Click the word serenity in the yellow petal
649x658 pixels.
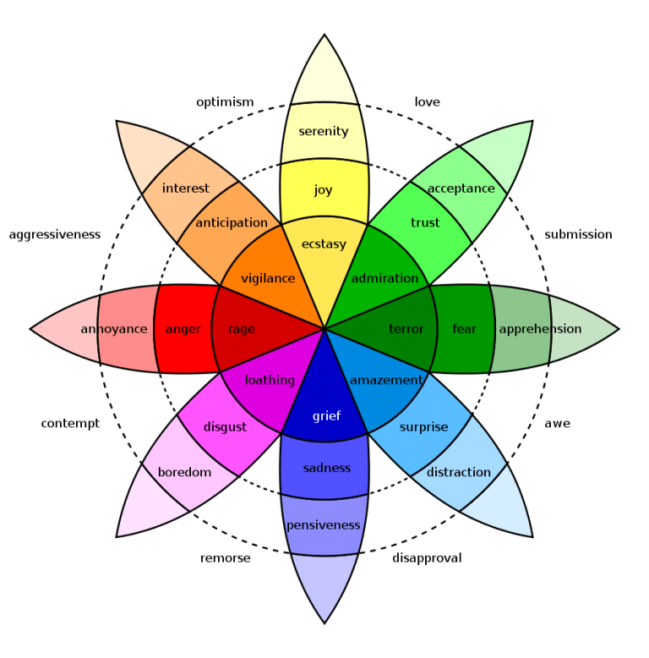(324, 131)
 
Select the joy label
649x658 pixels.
(324, 190)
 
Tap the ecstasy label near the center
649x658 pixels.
(324, 244)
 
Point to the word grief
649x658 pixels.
(326, 416)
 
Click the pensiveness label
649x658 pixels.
(324, 525)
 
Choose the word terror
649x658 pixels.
(406, 329)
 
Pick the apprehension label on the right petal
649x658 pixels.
(540, 329)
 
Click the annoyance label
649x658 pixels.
(114, 329)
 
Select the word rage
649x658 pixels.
(241, 329)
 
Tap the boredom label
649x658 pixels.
(184, 472)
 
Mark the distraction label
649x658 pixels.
(459, 472)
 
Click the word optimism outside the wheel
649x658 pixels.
(225, 102)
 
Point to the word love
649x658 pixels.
(428, 102)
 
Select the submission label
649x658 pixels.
(578, 234)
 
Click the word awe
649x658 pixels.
(557, 423)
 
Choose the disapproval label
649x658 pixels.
(427, 558)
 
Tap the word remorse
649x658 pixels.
(226, 558)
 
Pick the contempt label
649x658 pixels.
(70, 423)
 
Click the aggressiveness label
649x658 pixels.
(55, 234)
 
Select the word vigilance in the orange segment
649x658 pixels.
(268, 278)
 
